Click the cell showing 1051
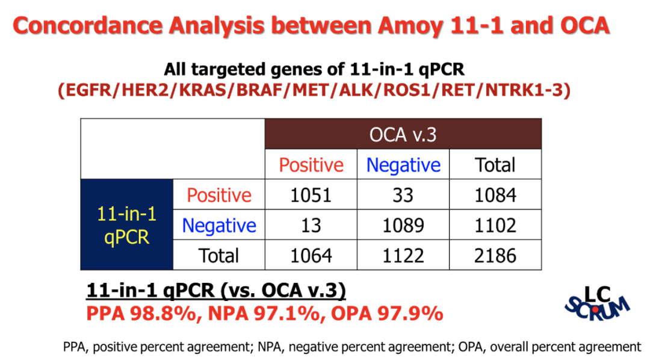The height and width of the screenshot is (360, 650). click(x=311, y=195)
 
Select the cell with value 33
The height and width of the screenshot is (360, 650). click(x=404, y=195)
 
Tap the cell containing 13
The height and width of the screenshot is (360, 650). click(x=311, y=225)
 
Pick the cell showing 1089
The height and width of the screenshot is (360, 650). click(x=404, y=225)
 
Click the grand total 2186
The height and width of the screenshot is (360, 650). click(x=495, y=255)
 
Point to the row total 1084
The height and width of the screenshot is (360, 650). click(x=495, y=195)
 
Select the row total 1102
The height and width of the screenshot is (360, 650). click(x=495, y=225)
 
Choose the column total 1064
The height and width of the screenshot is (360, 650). click(x=311, y=255)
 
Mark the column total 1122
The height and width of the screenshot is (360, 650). click(x=404, y=255)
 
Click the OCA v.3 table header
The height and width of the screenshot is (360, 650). click(x=403, y=134)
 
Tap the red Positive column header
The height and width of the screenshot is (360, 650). click(x=311, y=165)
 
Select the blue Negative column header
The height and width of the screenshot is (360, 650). click(x=404, y=165)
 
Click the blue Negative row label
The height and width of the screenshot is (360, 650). click(x=219, y=225)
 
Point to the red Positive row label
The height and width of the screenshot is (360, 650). click(x=219, y=195)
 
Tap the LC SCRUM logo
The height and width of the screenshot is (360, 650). click(x=598, y=303)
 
